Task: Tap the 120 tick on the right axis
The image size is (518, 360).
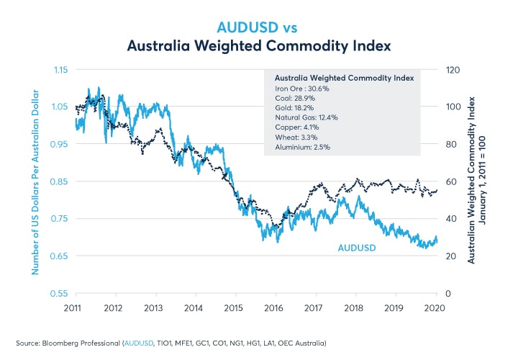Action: point(453,70)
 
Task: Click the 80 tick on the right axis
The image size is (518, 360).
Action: point(451,144)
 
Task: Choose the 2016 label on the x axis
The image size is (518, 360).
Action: point(274,308)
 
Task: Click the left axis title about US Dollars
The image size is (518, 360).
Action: point(34,181)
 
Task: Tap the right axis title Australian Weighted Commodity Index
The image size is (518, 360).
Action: point(472,181)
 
